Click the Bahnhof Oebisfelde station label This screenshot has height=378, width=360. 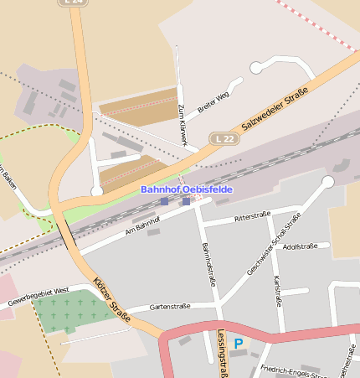pyautogui.click(x=186, y=189)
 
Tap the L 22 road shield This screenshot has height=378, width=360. pyautogui.click(x=224, y=137)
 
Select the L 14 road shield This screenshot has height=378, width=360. pyautogui.click(x=75, y=3)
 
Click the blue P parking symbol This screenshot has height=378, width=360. pyautogui.click(x=239, y=344)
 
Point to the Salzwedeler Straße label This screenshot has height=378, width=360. pyautogui.click(x=275, y=107)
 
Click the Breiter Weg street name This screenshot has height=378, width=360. pyautogui.click(x=213, y=102)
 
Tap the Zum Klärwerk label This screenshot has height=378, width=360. pyautogui.click(x=182, y=125)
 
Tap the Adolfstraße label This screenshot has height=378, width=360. pyautogui.click(x=300, y=246)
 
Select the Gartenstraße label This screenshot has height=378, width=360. pyautogui.click(x=170, y=306)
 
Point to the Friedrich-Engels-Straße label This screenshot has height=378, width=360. pyautogui.click(x=292, y=370)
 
